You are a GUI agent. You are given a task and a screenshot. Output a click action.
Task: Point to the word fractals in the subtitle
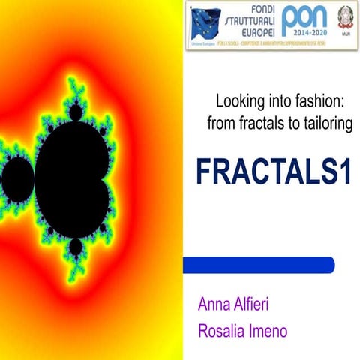(260, 124)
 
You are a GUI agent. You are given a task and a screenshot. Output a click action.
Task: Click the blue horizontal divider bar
(259, 264)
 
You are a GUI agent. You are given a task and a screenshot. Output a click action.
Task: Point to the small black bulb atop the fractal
(76, 113)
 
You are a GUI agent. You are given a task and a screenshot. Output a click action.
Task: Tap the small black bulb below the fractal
(76, 247)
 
